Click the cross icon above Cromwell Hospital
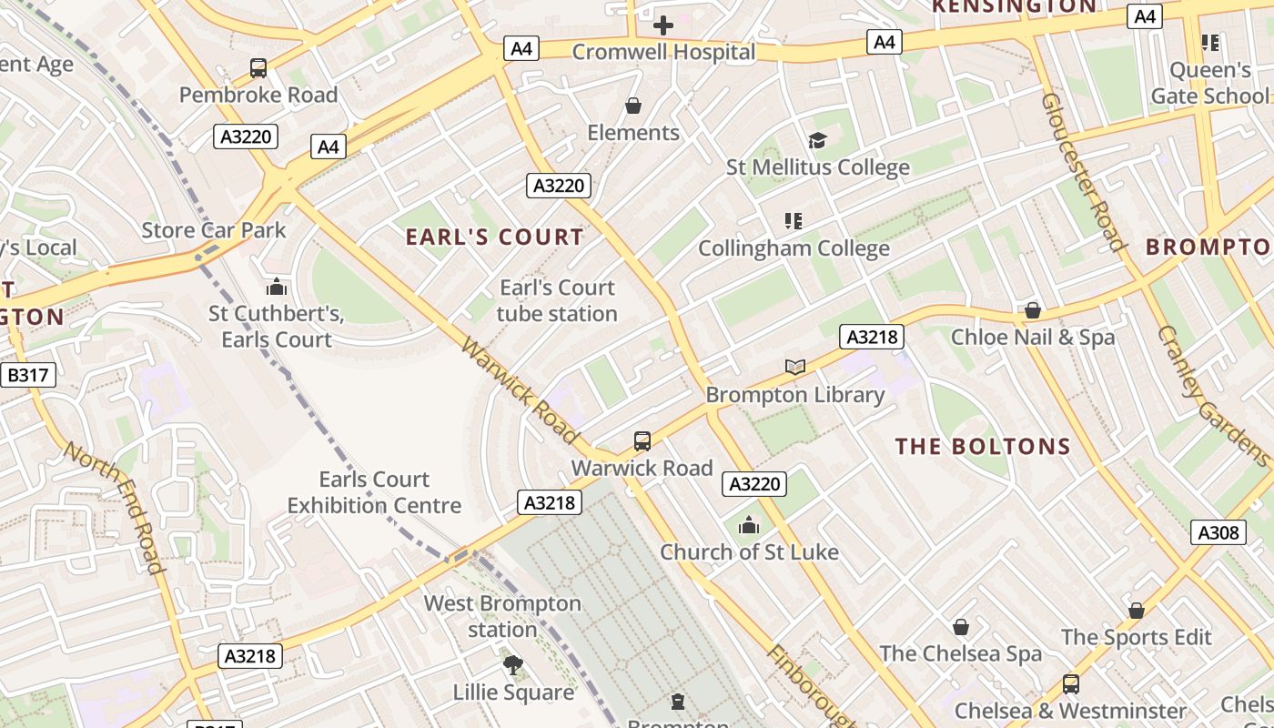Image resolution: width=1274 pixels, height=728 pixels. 663,25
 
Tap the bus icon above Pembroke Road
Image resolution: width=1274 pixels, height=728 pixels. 258,68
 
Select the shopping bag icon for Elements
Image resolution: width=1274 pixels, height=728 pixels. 633,106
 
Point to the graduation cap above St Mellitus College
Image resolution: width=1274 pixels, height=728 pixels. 817,140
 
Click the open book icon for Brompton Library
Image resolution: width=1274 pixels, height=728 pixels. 795,367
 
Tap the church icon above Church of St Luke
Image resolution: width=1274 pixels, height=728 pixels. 749,525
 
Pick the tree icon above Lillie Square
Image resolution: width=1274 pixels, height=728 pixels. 513,665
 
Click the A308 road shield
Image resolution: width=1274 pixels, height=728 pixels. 1218,532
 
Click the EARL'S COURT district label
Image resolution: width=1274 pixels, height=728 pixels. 494,238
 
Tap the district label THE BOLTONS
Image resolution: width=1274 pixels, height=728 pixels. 983,447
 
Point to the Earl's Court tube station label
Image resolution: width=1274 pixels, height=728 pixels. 557,301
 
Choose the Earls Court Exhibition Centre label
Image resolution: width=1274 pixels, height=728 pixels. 374,492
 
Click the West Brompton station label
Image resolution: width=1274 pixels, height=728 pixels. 502,616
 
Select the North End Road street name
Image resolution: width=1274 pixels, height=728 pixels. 116,507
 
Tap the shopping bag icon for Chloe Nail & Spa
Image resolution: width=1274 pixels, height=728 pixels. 1032,311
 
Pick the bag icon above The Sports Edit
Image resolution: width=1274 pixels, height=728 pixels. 1136,611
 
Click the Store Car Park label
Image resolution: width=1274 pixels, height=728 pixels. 214,230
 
